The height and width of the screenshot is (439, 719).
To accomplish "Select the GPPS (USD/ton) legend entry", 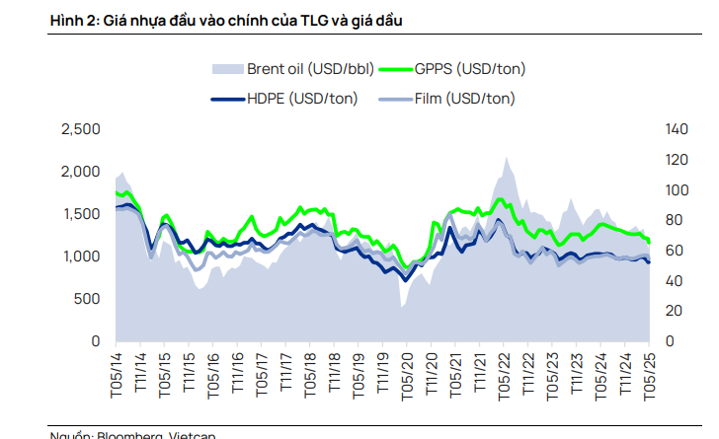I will [470, 69].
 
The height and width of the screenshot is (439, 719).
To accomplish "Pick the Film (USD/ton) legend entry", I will [463, 99].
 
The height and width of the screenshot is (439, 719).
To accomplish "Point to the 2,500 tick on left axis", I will [81, 129].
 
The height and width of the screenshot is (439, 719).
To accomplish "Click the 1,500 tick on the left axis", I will [81, 214].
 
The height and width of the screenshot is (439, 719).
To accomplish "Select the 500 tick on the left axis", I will [88, 299].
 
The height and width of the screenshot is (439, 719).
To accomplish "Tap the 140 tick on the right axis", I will [679, 129].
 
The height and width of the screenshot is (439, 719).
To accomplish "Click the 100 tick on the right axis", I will [679, 190].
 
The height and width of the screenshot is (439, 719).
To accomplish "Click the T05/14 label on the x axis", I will [116, 375].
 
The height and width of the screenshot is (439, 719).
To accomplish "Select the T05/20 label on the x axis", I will [407, 375].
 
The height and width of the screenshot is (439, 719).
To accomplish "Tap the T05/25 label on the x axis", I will [650, 375].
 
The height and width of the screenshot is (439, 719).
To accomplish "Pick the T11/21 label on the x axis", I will [480, 375].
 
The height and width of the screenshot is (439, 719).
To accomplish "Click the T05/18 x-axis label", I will [310, 375].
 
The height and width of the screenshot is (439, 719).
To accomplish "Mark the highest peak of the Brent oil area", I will [506, 156].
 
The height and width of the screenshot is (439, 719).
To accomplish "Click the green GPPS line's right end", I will [649, 242].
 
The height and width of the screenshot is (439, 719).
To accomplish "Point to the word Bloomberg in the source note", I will [127, 435].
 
